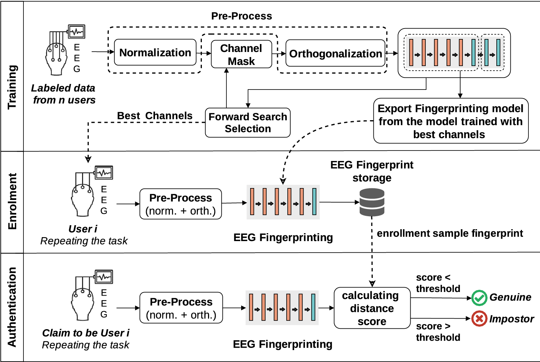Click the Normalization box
pyautogui.click(x=155, y=53)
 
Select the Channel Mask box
pyautogui.click(x=241, y=54)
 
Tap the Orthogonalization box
pyautogui.click(x=335, y=54)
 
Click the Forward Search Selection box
pyautogui.click(x=248, y=123)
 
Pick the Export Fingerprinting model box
pyautogui.click(x=451, y=121)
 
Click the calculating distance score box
pyautogui.click(x=372, y=308)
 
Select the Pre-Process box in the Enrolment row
pyautogui.click(x=181, y=204)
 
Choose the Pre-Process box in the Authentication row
pyautogui.click(x=181, y=308)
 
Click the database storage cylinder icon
pyautogui.click(x=372, y=202)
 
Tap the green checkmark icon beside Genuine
pyautogui.click(x=479, y=298)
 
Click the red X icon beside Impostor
pyautogui.click(x=479, y=319)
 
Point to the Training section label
pyautogui.click(x=12, y=87)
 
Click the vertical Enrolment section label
pyautogui.click(x=12, y=201)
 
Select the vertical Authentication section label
pyautogui.click(x=12, y=307)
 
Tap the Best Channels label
pyautogui.click(x=155, y=116)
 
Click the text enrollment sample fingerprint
pyautogui.click(x=450, y=234)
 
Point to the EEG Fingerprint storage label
pyautogui.click(x=372, y=171)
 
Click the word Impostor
pyautogui.click(x=511, y=319)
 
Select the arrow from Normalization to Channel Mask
pyautogui.click(x=204, y=53)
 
